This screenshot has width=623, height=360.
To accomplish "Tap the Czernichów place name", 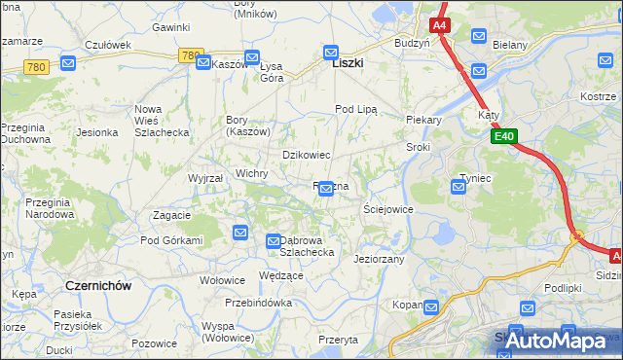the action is pyautogui.click(x=97, y=285).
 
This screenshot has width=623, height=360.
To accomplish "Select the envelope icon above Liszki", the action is pyautogui.click(x=330, y=51).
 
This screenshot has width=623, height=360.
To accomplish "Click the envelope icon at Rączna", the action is pyautogui.click(x=327, y=195).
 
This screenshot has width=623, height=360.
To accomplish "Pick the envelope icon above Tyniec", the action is pyautogui.click(x=459, y=186).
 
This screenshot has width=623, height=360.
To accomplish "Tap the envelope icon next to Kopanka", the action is pyautogui.click(x=431, y=306).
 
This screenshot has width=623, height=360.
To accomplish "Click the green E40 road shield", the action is pyautogui.click(x=502, y=139).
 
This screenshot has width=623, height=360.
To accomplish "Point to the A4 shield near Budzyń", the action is pyautogui.click(x=440, y=24).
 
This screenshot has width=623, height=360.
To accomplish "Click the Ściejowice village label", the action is pyautogui.click(x=387, y=209).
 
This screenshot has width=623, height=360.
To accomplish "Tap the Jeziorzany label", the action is pyautogui.click(x=379, y=260).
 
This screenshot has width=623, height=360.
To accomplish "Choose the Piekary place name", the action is pyautogui.click(x=423, y=121).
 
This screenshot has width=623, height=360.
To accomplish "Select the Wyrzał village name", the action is pyautogui.click(x=205, y=179).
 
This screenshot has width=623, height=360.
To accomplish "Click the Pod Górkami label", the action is pyautogui.click(x=171, y=240).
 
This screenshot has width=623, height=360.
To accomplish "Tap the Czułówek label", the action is pyautogui.click(x=108, y=45).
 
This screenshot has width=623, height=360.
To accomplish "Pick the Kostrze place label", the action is pyautogui.click(x=598, y=96).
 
